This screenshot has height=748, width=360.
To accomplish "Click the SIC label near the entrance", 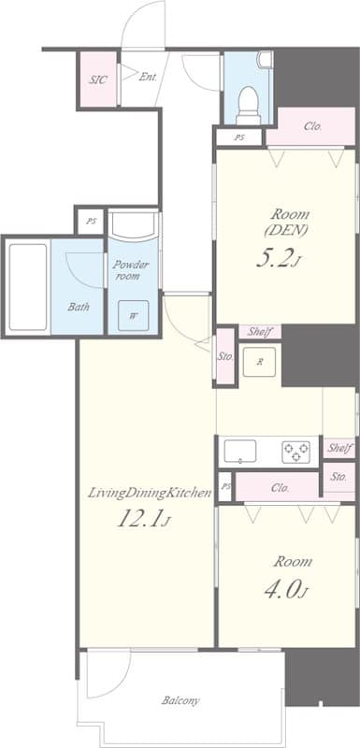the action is click(98, 79).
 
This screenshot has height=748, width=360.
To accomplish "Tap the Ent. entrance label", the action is click(148, 77).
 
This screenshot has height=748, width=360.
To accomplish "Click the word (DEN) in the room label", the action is click(286, 230).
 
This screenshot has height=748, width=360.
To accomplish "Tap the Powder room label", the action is click(130, 270).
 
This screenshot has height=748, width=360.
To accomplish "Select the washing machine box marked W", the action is click(133, 315).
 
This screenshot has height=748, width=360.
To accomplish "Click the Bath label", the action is click(79, 307).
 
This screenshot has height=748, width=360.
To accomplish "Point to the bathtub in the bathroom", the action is click(28, 287).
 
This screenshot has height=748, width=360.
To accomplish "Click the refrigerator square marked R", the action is click(259, 362).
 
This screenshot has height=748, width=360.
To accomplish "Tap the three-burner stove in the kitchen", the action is click(295, 452).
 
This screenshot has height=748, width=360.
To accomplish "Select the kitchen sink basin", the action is click(239, 452).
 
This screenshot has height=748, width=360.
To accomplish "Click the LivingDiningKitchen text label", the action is click(150, 494).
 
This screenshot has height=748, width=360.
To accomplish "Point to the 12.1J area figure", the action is click(143, 519).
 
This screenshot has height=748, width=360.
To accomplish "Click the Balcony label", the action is click(180, 700).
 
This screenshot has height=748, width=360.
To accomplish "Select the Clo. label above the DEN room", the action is click(313, 127).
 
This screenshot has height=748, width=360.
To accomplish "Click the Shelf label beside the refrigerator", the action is click(260, 333).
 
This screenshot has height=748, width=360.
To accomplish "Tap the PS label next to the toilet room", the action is click(238, 137).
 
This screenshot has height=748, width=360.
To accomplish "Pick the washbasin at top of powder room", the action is click(133, 225).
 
